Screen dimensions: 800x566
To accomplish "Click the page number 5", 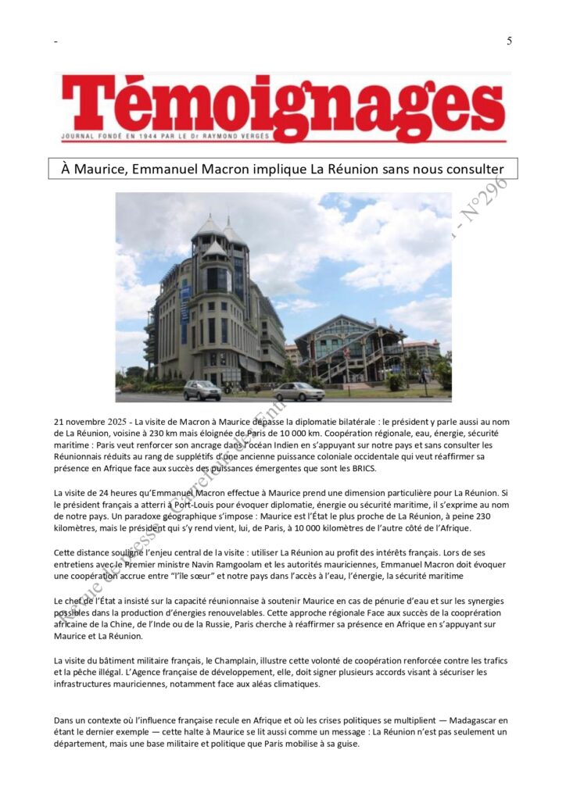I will pyautogui.click(x=509, y=41).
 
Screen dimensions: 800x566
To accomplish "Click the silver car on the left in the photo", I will pyautogui.click(x=202, y=390).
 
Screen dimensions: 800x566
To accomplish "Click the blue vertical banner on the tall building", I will pyautogui.click(x=185, y=304).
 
